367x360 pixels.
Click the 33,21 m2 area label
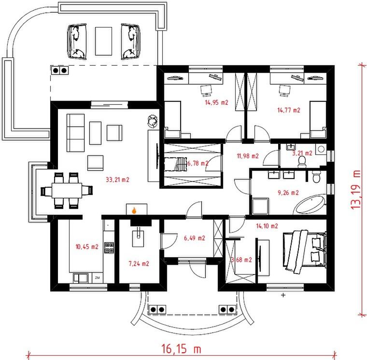click(117, 180)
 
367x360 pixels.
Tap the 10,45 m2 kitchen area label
click(87, 247)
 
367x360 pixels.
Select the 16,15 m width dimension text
click(181, 349)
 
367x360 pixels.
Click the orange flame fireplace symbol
click(134, 210)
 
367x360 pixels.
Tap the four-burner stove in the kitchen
click(109, 248)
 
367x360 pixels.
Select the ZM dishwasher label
click(98, 277)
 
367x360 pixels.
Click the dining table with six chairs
click(67, 191)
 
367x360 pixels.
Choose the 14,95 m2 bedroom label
click(216, 102)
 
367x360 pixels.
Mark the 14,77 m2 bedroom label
click(289, 110)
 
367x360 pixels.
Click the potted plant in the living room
click(153, 122)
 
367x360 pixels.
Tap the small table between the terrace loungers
click(103, 41)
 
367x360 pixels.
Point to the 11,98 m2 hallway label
click(248, 156)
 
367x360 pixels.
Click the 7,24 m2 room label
click(139, 263)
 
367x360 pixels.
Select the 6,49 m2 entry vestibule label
click(195, 238)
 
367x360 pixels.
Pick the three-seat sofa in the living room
click(76, 133)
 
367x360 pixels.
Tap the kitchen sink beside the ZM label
click(81, 278)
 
